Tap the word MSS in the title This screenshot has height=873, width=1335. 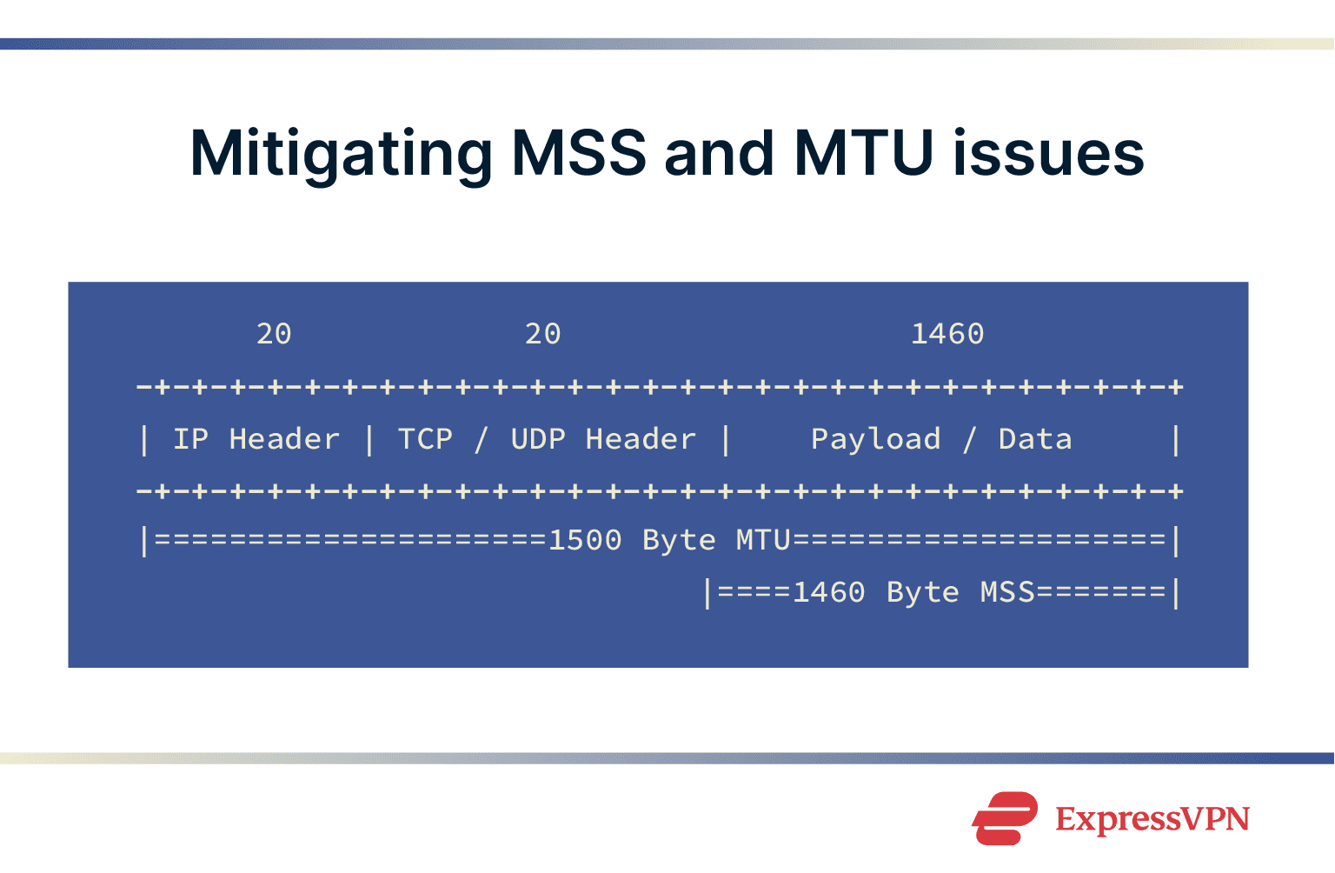(x=579, y=153)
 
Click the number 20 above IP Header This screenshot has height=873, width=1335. (x=274, y=334)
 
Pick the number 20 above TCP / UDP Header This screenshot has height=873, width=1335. (x=543, y=334)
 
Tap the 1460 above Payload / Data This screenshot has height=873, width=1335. (x=947, y=334)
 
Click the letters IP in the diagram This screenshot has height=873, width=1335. (x=190, y=439)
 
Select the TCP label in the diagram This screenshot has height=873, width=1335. (x=425, y=439)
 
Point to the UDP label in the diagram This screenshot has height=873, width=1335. (x=538, y=439)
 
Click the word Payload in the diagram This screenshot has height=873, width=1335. (x=875, y=439)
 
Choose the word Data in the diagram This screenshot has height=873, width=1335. (x=1035, y=439)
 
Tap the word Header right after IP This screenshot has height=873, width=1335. (x=284, y=439)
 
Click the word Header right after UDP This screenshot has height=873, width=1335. (x=641, y=439)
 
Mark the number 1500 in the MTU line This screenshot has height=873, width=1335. (x=585, y=540)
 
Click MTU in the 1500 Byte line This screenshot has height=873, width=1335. (x=763, y=540)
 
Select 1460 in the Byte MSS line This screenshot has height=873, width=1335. (x=829, y=592)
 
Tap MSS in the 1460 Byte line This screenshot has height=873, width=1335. (x=1007, y=592)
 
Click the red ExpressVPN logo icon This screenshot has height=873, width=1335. (x=1005, y=818)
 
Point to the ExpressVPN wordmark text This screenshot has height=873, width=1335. (x=1152, y=819)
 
